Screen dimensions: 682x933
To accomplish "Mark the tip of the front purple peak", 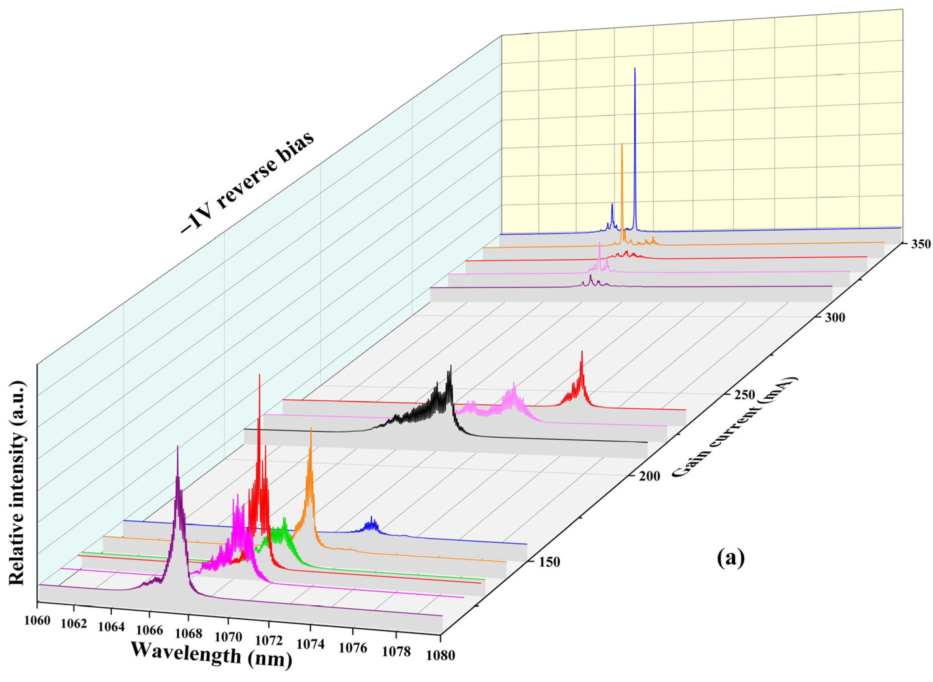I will pyautogui.click(x=177, y=447).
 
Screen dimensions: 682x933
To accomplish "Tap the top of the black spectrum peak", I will pyautogui.click(x=451, y=366).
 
